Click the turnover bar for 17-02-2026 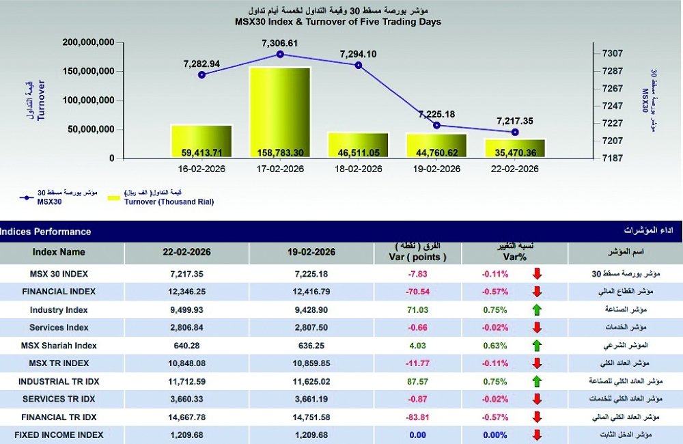pos(280,113)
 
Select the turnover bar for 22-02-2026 pos(515,149)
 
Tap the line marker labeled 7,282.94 pos(201,74)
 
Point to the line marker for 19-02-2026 pos(436,125)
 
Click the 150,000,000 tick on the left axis pos(88,71)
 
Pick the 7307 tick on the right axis pos(611,53)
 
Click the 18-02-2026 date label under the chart pos(358,169)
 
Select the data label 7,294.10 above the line pos(359,53)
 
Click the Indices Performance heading pos(46,232)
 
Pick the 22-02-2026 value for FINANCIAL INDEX pos(186,292)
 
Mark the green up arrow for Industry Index pos(538,309)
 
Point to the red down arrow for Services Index pos(538,327)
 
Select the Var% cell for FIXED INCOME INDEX pos(494,434)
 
